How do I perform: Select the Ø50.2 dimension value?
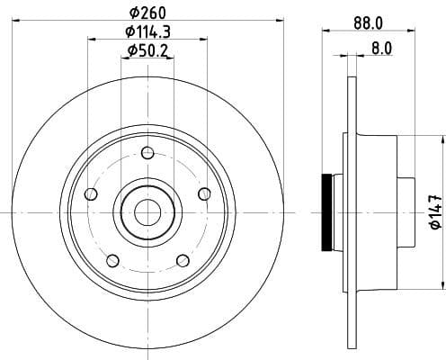(x=147, y=50)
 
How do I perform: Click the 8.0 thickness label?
(x=380, y=50)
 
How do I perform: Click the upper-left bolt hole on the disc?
(x=89, y=194)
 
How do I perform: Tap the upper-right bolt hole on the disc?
(x=204, y=193)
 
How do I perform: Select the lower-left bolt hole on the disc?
(x=111, y=261)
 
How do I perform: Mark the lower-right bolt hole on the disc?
(x=183, y=261)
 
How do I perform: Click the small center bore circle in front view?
(x=147, y=212)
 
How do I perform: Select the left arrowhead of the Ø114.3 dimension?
(x=90, y=39)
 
